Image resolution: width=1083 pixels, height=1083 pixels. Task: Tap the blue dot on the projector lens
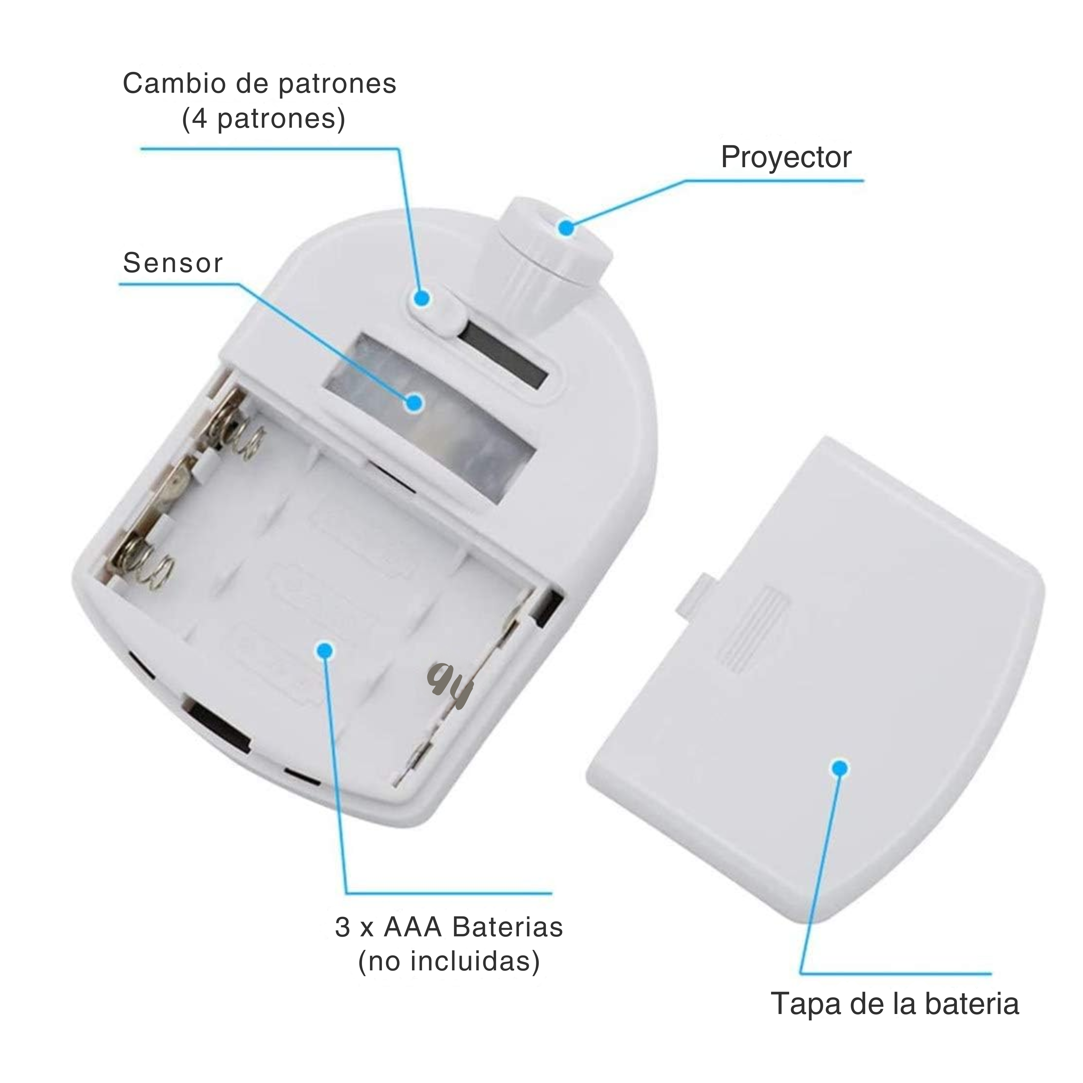click(567, 228)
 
